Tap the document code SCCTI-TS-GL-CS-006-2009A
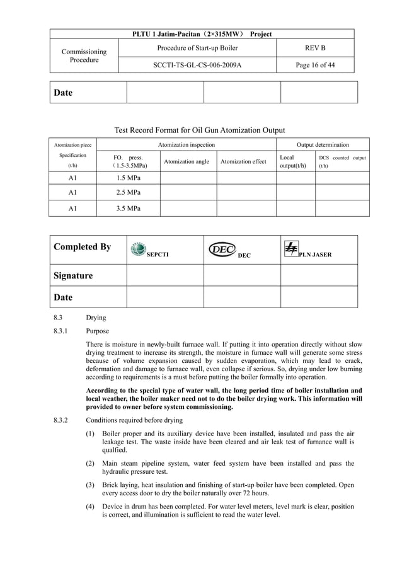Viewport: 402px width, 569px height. coord(197,64)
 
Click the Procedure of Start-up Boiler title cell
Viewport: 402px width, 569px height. coord(197,48)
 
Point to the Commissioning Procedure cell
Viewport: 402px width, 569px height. coord(84,56)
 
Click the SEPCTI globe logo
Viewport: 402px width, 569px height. coord(138,250)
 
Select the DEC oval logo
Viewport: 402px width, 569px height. coord(222,250)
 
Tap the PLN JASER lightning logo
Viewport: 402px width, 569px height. coord(291,250)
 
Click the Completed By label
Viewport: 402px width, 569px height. coord(83,247)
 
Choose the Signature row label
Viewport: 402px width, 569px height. coord(73,276)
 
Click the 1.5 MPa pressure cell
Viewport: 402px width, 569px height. coord(128,178)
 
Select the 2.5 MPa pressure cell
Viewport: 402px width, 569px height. coord(128,193)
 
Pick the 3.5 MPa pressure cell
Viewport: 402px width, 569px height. coord(128,208)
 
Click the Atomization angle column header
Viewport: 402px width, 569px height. coord(187,162)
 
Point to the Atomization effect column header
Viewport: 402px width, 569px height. coord(243,162)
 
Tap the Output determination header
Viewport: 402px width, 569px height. coord(323,145)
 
